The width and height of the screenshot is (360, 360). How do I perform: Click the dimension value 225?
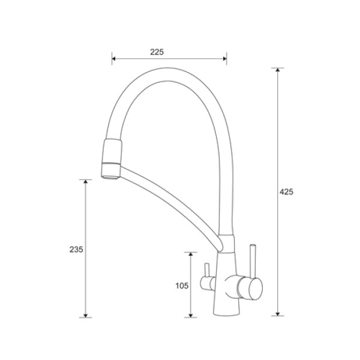(157, 52)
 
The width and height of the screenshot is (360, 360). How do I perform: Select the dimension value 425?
(286, 192)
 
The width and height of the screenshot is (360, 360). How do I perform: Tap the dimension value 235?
(76, 250)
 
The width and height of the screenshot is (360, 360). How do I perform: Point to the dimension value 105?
(182, 286)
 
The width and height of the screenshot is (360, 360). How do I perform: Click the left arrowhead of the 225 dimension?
(113, 59)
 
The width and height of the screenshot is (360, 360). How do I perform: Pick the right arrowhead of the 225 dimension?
(225, 59)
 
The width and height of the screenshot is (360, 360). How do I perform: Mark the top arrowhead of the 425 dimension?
(278, 70)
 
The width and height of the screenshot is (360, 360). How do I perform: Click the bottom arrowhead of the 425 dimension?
(278, 314)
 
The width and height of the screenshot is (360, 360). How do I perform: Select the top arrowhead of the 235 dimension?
(86, 182)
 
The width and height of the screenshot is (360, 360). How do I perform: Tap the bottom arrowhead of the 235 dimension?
(86, 316)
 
